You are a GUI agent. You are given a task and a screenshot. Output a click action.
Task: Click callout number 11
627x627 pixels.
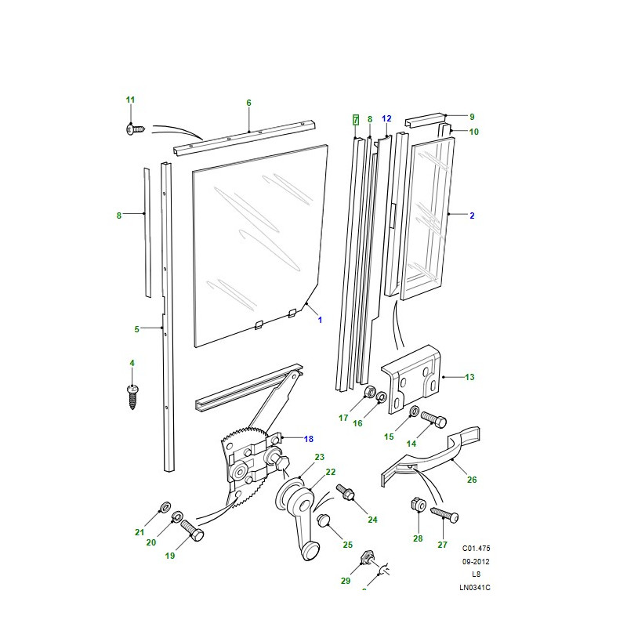point(131,100)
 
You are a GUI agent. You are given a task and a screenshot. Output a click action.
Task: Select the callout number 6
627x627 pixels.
point(248,103)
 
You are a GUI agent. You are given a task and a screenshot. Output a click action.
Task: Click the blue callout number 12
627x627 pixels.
point(386,118)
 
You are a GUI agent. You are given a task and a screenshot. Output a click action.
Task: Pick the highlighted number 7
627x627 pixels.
point(355,119)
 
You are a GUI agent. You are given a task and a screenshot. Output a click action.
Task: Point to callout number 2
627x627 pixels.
point(472,215)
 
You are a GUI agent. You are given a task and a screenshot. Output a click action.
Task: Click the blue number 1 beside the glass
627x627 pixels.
point(320,320)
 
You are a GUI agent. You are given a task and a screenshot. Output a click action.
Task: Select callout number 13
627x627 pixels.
point(469,378)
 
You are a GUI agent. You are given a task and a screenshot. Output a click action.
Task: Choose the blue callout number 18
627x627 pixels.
point(308,439)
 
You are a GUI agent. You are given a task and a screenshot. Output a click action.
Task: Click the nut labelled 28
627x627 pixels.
point(418,506)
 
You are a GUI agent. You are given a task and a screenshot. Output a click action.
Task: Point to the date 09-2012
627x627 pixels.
point(477,561)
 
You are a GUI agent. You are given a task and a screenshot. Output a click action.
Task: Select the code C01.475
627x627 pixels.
point(477,549)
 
